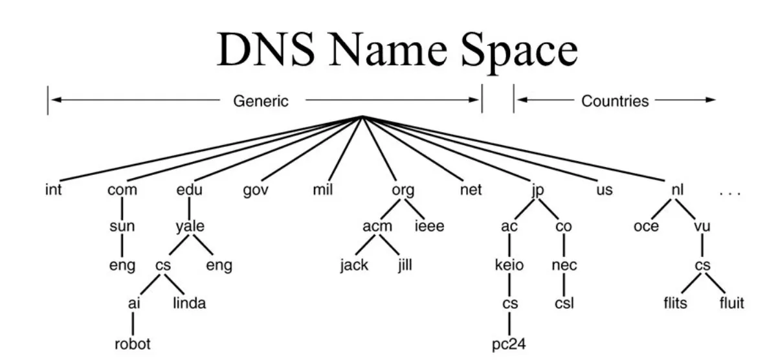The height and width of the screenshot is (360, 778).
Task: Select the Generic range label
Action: click(x=261, y=100)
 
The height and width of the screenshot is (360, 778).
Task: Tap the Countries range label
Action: click(x=615, y=100)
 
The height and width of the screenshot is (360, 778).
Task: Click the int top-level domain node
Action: click(x=54, y=191)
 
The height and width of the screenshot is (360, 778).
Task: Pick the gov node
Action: click(x=256, y=192)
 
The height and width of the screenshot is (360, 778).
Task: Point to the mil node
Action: click(x=322, y=191)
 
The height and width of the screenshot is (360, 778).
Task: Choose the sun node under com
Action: click(x=122, y=227)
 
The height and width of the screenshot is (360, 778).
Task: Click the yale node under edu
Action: click(x=190, y=227)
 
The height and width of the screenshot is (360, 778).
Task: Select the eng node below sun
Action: click(x=122, y=265)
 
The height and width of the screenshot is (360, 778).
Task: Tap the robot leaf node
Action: click(x=133, y=343)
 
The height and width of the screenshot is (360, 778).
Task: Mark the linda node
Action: click(x=189, y=303)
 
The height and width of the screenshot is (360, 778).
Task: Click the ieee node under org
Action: click(x=429, y=227)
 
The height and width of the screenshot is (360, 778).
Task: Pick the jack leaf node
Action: click(x=354, y=265)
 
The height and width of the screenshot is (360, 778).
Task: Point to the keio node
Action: click(x=509, y=265)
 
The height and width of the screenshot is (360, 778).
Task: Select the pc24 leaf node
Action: click(x=509, y=343)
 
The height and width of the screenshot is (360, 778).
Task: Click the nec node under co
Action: click(x=564, y=265)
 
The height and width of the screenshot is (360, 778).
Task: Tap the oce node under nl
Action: click(x=646, y=227)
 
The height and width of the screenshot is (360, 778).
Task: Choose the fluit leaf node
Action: click(x=731, y=303)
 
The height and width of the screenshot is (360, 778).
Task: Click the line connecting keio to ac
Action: click(x=509, y=246)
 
